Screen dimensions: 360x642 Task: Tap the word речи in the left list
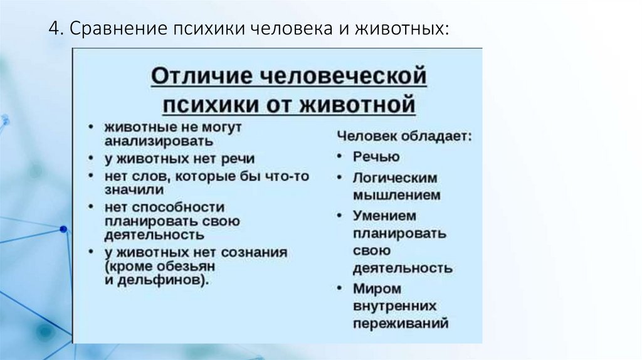pyautogui.click(x=238, y=159)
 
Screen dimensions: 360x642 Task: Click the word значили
pyautogui.click(x=134, y=189)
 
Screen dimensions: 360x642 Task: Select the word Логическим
pyautogui.click(x=394, y=177)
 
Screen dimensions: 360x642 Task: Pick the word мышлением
pyautogui.click(x=396, y=195)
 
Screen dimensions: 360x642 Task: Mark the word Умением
pyautogui.click(x=384, y=215)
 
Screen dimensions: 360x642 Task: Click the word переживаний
pyautogui.click(x=401, y=324)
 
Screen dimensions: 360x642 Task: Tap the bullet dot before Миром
pyautogui.click(x=339, y=289)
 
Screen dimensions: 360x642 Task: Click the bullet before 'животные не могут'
pyautogui.click(x=92, y=127)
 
